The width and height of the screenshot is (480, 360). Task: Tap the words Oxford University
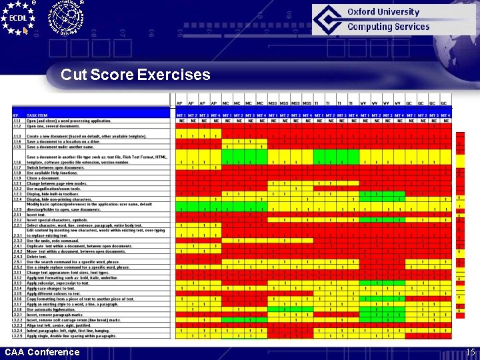(x=383, y=11)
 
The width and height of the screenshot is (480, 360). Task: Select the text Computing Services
(x=388, y=27)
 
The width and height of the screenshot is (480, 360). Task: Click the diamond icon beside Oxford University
(x=329, y=19)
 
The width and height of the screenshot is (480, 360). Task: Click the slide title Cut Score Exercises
(x=135, y=75)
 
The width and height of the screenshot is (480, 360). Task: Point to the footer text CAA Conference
(x=41, y=352)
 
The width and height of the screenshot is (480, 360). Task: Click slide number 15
(x=470, y=352)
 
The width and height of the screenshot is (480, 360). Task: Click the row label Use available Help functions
(x=53, y=173)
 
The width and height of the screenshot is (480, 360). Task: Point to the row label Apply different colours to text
(x=54, y=293)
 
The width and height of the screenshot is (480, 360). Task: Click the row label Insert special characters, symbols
(x=57, y=219)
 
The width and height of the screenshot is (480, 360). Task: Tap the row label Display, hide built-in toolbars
(x=54, y=193)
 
